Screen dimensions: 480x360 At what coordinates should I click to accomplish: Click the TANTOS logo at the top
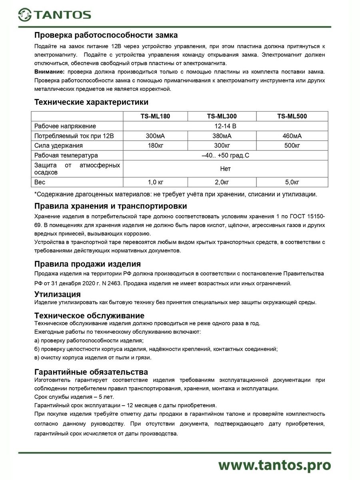pyautogui.click(x=55, y=15)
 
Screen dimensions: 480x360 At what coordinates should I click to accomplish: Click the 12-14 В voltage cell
pyautogui.click(x=225, y=126)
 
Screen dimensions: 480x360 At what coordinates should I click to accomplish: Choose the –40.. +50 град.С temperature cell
pyautogui.click(x=225, y=155)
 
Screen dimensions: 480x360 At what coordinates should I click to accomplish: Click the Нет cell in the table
pyautogui.click(x=225, y=169)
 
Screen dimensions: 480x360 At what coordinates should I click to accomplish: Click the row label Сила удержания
pyautogui.click(x=59, y=145)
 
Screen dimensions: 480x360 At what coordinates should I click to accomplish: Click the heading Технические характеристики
pyautogui.click(x=92, y=102)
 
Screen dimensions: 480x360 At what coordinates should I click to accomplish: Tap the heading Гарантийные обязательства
pyautogui.click(x=91, y=372)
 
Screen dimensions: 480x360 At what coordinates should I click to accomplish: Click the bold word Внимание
pyautogui.click(x=50, y=72)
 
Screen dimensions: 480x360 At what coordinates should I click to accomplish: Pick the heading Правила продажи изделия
pyautogui.click(x=88, y=264)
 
